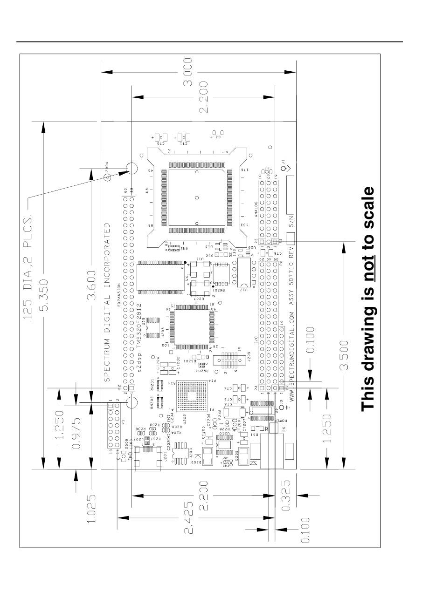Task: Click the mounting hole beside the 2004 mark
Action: tap(131, 169)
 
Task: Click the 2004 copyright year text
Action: tap(106, 164)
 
